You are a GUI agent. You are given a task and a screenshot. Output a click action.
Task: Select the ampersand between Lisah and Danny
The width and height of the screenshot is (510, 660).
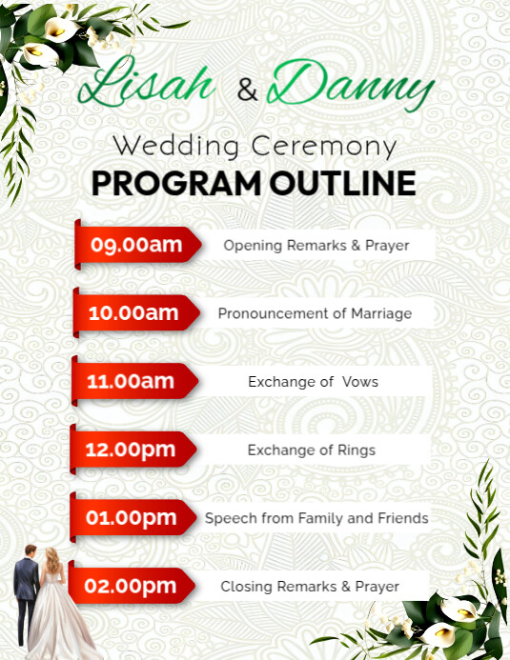pos(247,91)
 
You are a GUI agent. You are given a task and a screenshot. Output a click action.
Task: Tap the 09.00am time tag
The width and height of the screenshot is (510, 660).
pos(137,246)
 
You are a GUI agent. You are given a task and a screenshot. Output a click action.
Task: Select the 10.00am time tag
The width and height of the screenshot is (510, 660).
pos(134,312)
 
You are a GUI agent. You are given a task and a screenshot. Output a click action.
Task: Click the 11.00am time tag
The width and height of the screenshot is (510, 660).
pos(133,382)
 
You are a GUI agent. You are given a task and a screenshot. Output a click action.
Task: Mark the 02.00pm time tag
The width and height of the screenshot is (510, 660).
pos(132,587)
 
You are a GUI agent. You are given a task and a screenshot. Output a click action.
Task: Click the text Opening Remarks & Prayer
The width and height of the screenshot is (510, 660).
pos(316,246)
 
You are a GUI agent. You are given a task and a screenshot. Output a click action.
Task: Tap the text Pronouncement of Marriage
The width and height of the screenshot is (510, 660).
pos(315,313)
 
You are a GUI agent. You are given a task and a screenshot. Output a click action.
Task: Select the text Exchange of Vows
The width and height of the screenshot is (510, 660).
pos(314,382)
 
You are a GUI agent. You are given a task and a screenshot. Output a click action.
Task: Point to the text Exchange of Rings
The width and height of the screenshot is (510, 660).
pos(312,450)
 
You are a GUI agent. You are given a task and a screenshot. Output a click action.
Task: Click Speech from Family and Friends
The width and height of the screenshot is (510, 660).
pos(316,519)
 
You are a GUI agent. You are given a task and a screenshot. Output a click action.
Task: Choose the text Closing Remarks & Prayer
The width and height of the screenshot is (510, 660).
pos(310,587)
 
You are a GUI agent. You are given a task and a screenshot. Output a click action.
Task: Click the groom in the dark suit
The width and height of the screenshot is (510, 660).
pos(26,590)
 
